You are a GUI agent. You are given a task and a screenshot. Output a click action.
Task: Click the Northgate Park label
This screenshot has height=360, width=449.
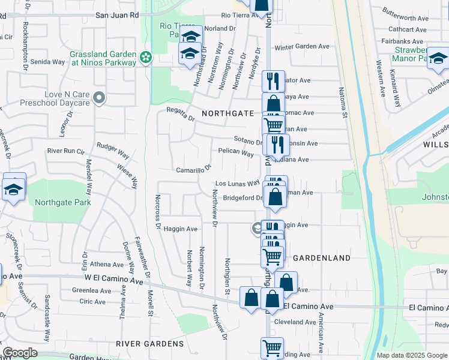pyautogui.click(x=63, y=203)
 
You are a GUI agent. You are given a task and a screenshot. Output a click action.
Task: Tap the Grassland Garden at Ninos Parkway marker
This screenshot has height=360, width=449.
pyautogui.click(x=145, y=58)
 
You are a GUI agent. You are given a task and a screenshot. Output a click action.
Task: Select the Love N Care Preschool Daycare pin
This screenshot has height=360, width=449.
pyautogui.click(x=100, y=97)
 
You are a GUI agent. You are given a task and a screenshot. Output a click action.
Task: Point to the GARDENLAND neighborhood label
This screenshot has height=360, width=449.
pyautogui.click(x=322, y=258)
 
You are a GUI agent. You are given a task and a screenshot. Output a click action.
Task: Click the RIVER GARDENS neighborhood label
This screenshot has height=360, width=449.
pyautogui.click(x=149, y=344)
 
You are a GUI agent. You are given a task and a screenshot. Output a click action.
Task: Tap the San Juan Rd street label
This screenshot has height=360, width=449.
pyautogui.click(x=117, y=14)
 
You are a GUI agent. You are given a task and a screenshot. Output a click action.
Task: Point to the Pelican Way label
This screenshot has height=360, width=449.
pyautogui.click(x=236, y=152)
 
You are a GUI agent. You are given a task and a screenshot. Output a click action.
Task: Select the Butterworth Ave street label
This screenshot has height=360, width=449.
pyautogui.click(x=408, y=19)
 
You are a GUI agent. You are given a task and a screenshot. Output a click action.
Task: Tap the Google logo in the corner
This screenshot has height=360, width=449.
pyautogui.click(x=20, y=353)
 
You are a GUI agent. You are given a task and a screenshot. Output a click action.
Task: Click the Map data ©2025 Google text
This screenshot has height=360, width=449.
pyautogui.click(x=412, y=355)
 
